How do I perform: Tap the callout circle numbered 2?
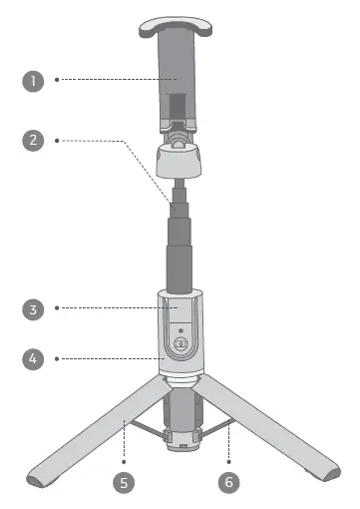pos(34,141)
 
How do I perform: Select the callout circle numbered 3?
pos(34,309)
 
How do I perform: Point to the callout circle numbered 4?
pos(34,355)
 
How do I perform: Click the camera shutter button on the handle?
pos(181,346)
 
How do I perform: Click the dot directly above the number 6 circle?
pos(230,460)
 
